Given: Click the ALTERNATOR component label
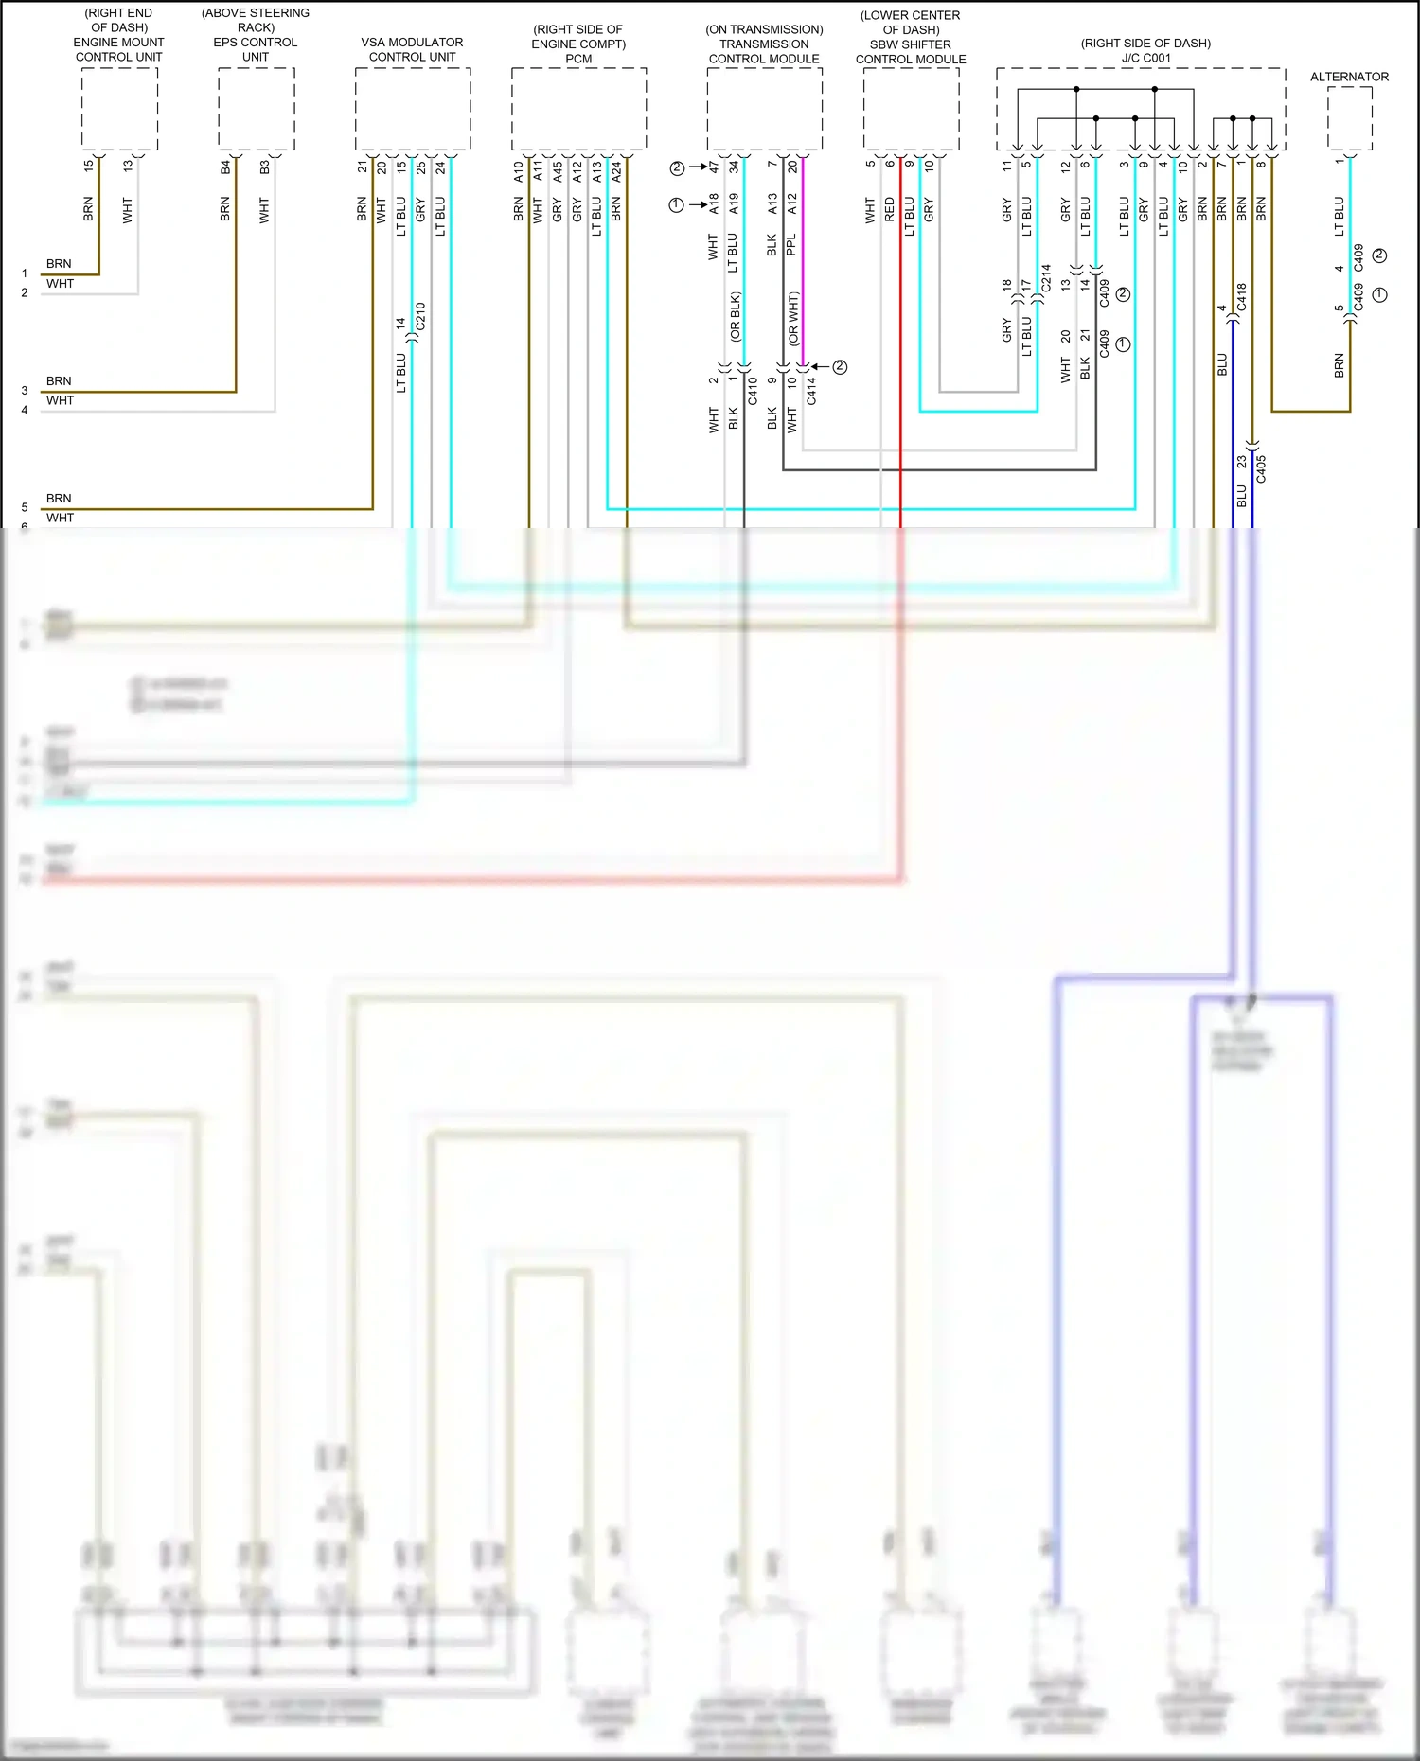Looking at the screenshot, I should [x=1349, y=77].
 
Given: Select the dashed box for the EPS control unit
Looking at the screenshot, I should [x=256, y=109].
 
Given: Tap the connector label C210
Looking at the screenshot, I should [x=420, y=316].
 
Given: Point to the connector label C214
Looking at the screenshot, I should [x=1046, y=277].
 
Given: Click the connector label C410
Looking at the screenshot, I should [x=753, y=391].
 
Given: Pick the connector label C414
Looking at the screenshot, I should [x=811, y=391].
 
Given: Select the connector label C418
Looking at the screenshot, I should [x=1242, y=296].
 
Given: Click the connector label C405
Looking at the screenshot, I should [x=1261, y=468].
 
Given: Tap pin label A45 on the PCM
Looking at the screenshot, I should [x=558, y=172].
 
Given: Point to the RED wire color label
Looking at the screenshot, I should [x=890, y=210].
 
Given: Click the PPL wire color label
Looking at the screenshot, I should [x=791, y=246].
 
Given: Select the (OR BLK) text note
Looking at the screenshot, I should [x=735, y=316].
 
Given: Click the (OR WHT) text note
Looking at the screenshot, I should [x=793, y=318].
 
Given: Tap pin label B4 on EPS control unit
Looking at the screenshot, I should [x=225, y=167].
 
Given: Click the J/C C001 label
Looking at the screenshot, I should [x=1145, y=58].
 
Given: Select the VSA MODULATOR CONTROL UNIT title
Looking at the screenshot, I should [x=412, y=49].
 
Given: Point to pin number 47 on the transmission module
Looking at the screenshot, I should [x=714, y=167].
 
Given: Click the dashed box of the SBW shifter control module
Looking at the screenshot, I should [x=911, y=109].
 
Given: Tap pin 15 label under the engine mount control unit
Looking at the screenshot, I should [x=88, y=165].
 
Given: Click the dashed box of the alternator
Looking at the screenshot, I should [x=1349, y=117].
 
